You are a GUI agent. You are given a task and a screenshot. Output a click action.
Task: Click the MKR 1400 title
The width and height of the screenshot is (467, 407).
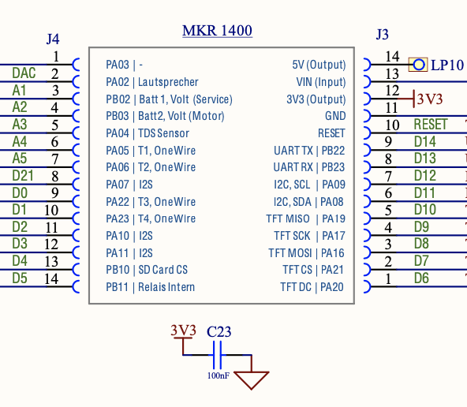click(217, 31)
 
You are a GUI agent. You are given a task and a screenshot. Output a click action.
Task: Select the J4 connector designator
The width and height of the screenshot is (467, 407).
click(53, 39)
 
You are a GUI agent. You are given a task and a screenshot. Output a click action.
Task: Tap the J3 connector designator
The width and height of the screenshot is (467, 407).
click(383, 35)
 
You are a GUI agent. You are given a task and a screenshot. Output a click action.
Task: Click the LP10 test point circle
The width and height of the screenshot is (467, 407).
click(418, 65)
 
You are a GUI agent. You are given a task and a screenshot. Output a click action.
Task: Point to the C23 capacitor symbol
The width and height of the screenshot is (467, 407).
click(217, 355)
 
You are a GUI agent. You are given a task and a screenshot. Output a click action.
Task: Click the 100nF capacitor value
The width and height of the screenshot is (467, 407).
click(219, 375)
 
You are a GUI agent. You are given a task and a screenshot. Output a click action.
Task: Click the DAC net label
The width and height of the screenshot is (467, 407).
click(24, 73)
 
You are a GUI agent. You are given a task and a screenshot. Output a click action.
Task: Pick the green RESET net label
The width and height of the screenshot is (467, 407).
click(431, 125)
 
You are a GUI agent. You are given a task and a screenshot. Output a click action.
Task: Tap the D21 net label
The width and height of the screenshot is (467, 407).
click(23, 176)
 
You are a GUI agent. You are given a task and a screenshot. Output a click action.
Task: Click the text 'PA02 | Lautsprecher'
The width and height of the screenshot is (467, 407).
click(152, 82)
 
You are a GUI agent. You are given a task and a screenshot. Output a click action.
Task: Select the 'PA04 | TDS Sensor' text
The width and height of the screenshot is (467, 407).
click(148, 133)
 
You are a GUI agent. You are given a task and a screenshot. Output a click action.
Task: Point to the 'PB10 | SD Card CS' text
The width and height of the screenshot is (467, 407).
click(147, 270)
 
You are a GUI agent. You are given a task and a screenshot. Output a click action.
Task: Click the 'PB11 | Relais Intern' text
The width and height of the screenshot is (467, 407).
click(151, 287)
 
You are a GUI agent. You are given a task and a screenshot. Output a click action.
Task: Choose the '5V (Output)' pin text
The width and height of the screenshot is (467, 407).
click(319, 65)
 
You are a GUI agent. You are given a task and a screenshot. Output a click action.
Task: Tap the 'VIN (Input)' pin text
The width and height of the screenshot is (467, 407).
click(321, 82)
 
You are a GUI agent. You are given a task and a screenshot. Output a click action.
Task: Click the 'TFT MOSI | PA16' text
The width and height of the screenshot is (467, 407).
click(306, 253)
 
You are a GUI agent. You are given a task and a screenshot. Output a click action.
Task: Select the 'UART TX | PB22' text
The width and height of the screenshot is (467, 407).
click(309, 151)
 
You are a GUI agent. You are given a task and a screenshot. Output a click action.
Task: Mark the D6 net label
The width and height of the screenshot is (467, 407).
click(421, 278)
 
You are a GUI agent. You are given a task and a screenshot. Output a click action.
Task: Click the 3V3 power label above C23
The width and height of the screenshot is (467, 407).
click(184, 330)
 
